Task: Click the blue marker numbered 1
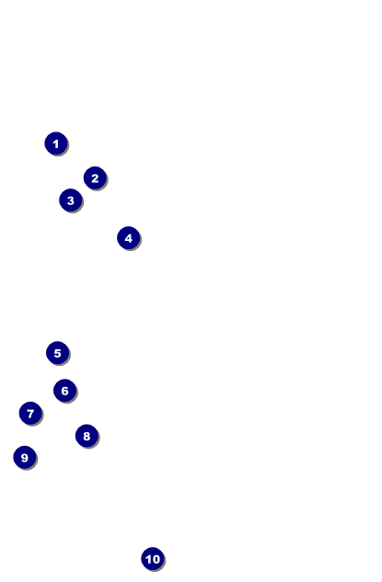click(56, 143)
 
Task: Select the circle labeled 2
click(95, 178)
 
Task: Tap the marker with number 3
click(71, 200)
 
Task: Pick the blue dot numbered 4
click(129, 238)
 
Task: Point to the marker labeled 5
click(58, 353)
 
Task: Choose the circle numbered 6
click(65, 391)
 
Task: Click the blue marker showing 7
click(30, 413)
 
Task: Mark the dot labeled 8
click(87, 436)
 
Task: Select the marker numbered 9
click(25, 457)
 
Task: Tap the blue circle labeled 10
click(153, 559)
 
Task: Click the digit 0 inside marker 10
click(156, 559)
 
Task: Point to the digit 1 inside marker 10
click(148, 559)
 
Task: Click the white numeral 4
click(129, 238)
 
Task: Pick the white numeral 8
click(87, 436)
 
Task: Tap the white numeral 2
click(95, 178)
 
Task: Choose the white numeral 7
click(30, 414)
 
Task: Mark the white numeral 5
click(58, 353)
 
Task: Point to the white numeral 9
click(25, 458)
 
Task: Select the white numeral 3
click(71, 200)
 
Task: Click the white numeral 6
click(65, 391)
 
